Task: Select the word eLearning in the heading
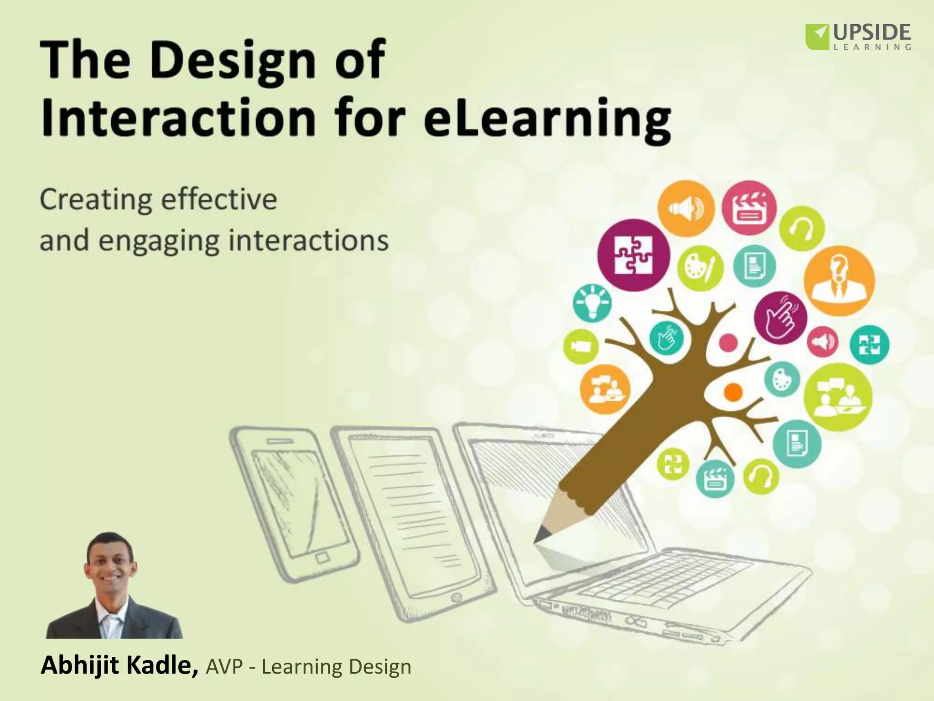click(x=547, y=119)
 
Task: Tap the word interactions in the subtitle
click(x=308, y=241)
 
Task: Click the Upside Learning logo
click(x=858, y=37)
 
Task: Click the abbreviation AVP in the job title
click(x=224, y=667)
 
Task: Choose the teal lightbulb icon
click(x=592, y=303)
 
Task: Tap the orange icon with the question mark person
click(x=839, y=280)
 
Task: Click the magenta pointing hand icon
click(x=780, y=318)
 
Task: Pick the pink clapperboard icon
click(x=749, y=208)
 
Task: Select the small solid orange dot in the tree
click(x=733, y=392)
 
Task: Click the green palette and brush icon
click(x=700, y=269)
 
